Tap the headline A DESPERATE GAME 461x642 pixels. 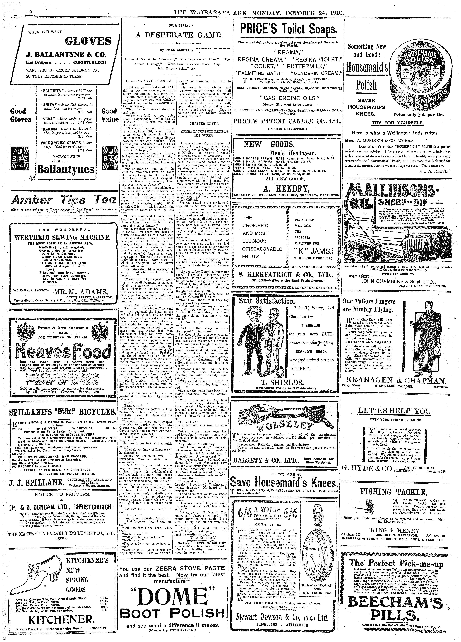point(178,35)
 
